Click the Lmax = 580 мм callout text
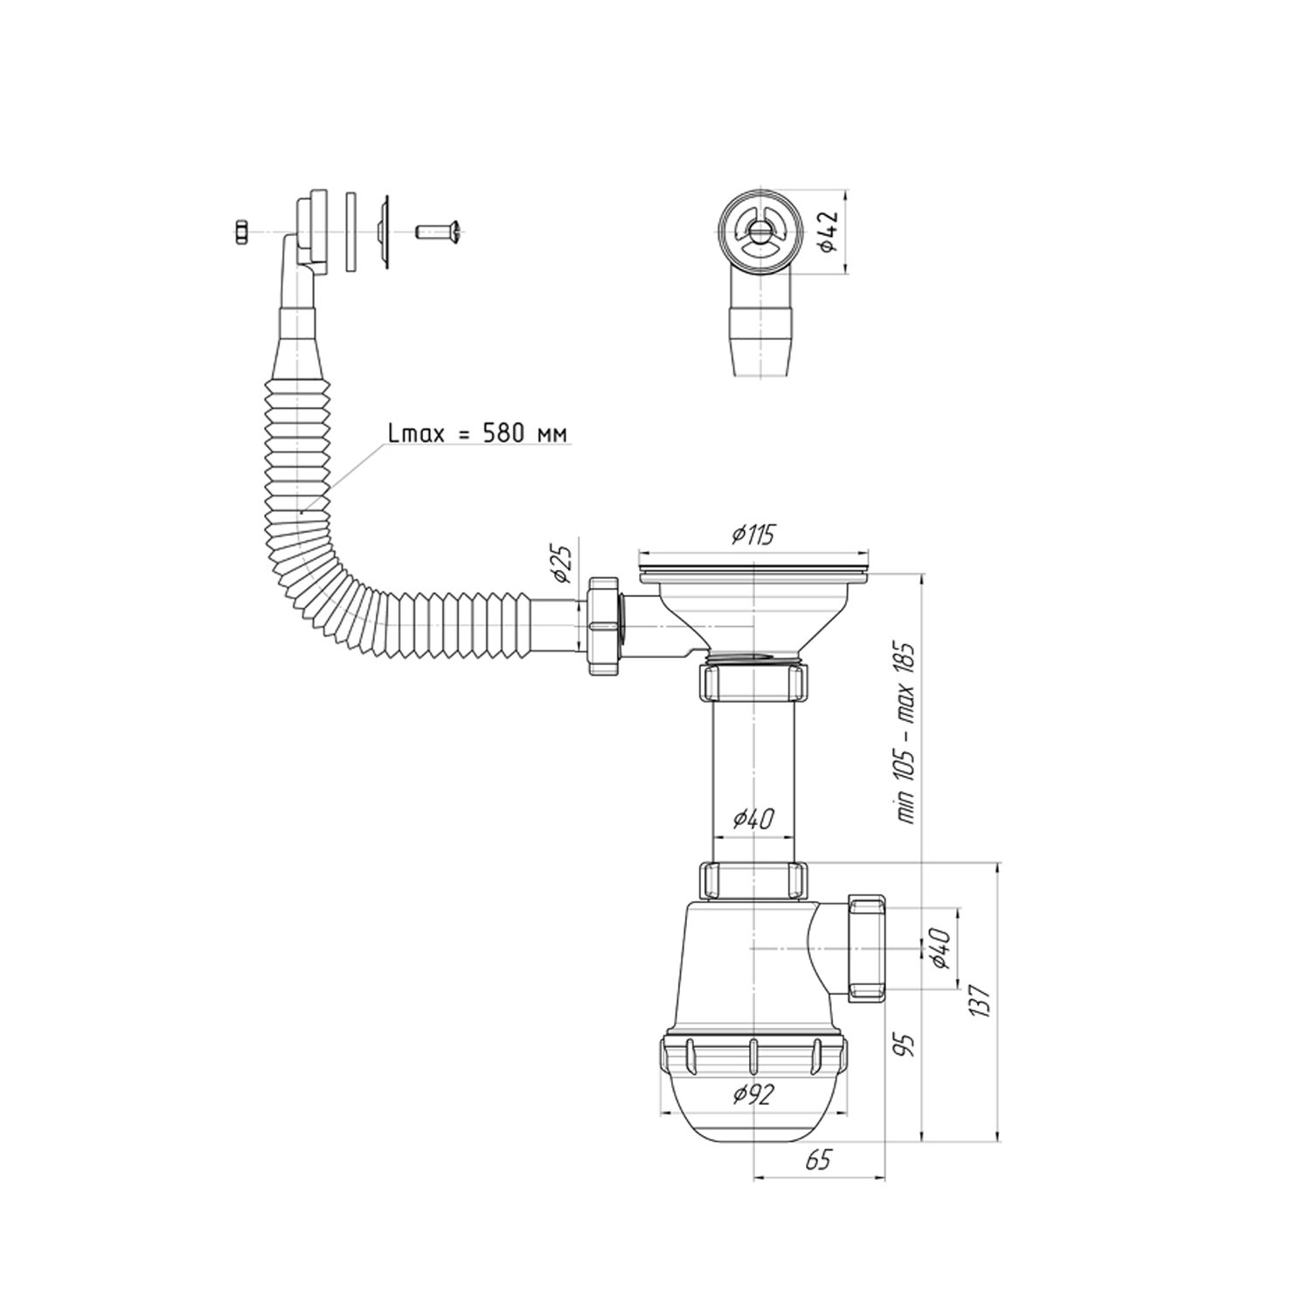477,434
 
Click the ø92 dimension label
753,1094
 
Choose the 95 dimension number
908,1044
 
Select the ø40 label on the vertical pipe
753,820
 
